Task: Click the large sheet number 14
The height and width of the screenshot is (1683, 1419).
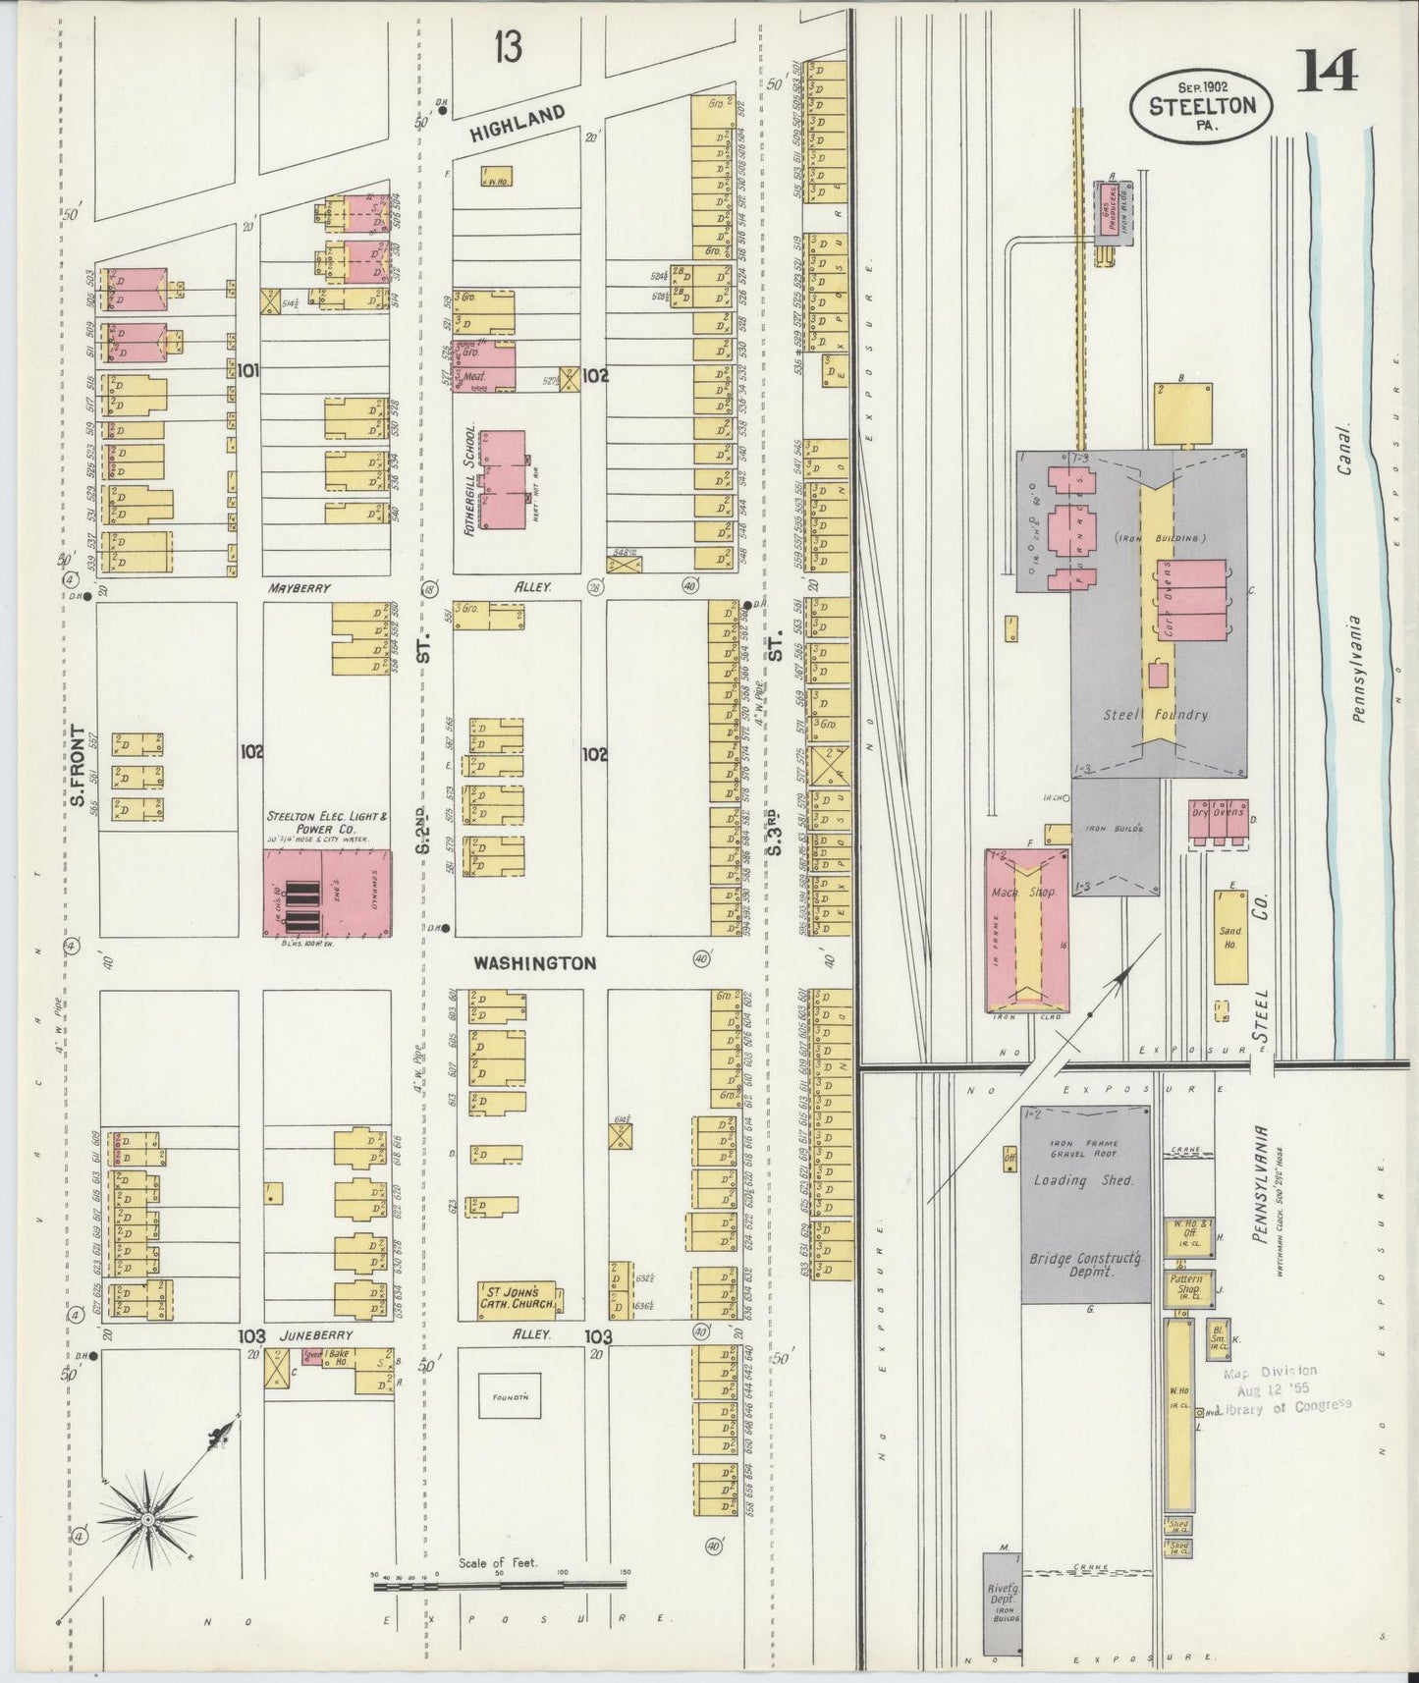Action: coord(1329,71)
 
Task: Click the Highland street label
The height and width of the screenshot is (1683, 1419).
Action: coord(517,122)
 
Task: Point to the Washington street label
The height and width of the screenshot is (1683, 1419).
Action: coord(534,963)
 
